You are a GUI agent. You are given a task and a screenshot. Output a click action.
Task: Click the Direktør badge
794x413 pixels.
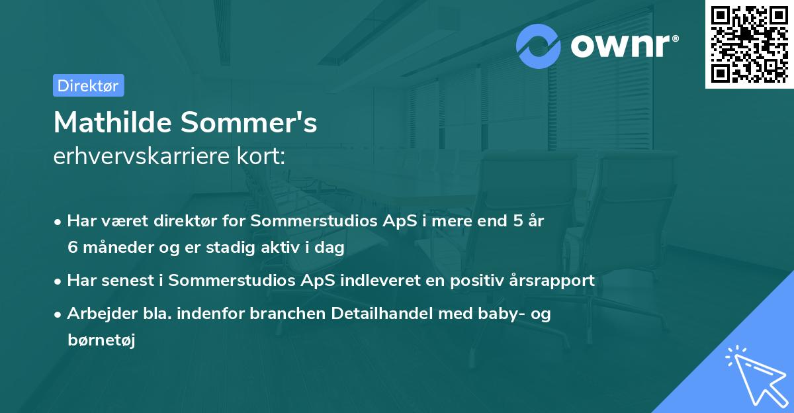pyautogui.click(x=88, y=85)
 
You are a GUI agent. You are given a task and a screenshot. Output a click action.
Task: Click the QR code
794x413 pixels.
pyautogui.click(x=750, y=44)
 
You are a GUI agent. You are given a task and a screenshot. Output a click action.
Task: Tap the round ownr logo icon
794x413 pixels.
pyautogui.click(x=539, y=46)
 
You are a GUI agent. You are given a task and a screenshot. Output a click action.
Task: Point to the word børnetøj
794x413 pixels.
pyautogui.click(x=101, y=340)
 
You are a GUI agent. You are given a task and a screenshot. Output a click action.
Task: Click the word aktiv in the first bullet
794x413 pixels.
pyautogui.click(x=287, y=248)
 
